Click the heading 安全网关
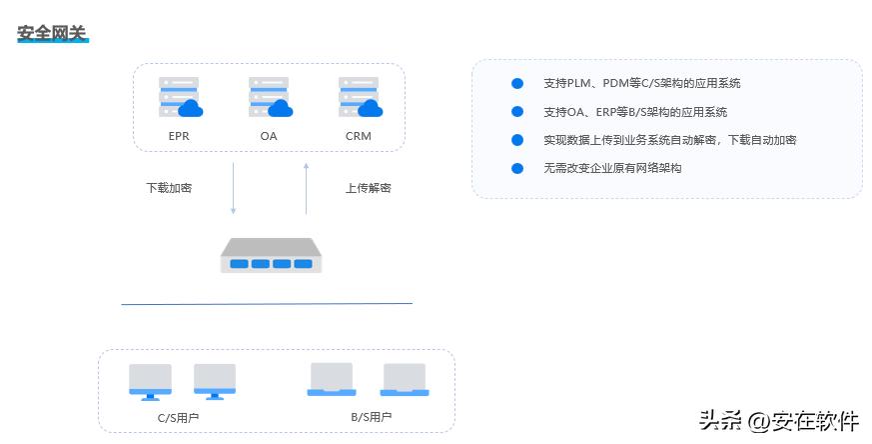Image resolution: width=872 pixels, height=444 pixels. [52, 33]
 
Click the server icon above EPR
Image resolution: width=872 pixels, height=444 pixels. [179, 97]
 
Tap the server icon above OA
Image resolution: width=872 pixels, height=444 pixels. [269, 97]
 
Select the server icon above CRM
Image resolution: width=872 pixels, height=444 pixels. [359, 97]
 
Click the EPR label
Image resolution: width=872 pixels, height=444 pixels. [179, 135]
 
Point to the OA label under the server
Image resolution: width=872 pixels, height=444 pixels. [269, 135]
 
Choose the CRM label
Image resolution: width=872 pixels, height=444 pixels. [359, 135]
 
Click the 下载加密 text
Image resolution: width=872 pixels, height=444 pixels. [169, 187]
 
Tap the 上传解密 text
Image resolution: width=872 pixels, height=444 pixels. [369, 187]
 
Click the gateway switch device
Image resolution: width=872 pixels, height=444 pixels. [270, 256]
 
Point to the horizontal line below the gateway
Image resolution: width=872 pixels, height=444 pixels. [267, 303]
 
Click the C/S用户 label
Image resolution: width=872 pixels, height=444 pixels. [179, 416]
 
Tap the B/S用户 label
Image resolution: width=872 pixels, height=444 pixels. [371, 416]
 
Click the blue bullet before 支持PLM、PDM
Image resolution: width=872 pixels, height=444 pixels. [517, 84]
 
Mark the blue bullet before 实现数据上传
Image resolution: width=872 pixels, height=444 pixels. [517, 140]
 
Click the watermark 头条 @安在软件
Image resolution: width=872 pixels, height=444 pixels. [779, 420]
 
